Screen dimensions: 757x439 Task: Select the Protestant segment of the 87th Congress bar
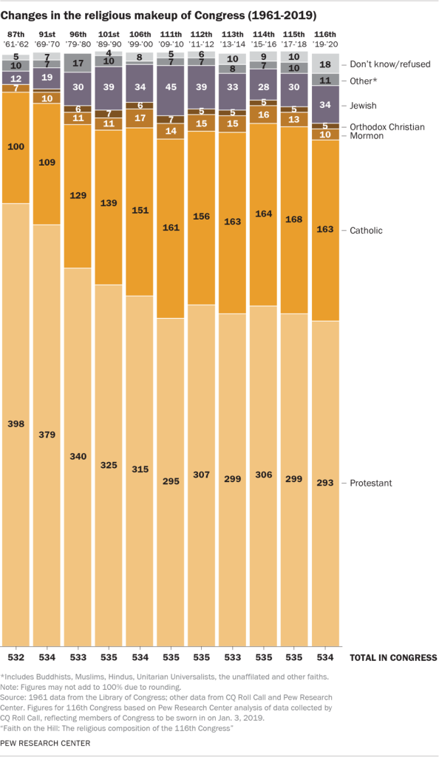tap(16, 425)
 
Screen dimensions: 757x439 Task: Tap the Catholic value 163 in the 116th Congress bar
tap(324, 229)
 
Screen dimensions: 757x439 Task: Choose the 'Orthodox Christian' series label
tap(387, 126)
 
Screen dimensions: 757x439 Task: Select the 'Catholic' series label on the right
tap(367, 231)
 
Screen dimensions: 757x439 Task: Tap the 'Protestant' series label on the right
tap(372, 483)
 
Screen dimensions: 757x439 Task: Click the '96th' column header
tap(77, 35)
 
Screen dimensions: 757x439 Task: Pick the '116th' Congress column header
tap(324, 35)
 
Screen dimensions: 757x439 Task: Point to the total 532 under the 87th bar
tap(16, 657)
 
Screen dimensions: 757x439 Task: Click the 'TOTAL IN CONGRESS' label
tap(392, 657)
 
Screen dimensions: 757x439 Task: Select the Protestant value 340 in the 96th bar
tap(77, 456)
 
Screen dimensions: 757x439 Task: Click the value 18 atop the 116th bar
tap(324, 64)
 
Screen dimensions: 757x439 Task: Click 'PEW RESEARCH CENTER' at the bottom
tap(46, 743)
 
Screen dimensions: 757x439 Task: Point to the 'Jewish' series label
tap(364, 106)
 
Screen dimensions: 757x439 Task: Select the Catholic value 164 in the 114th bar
tap(262, 213)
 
